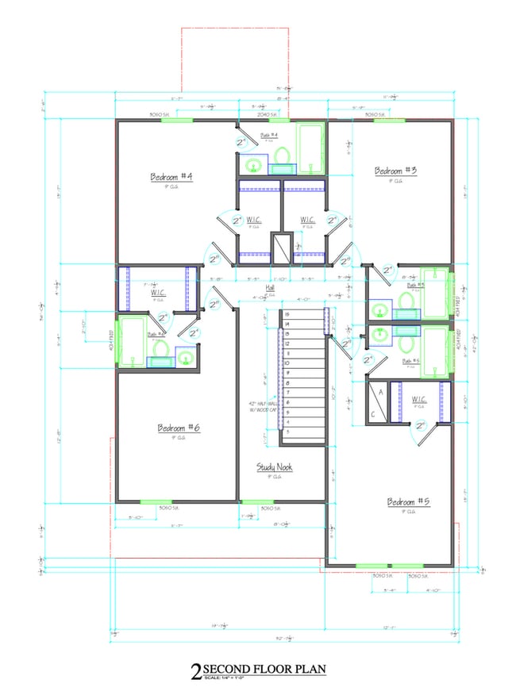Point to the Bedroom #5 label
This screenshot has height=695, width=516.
[x=408, y=501]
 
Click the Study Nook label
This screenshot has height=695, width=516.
[x=274, y=467]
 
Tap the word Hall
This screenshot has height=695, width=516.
[x=270, y=287]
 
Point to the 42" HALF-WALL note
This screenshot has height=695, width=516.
[x=261, y=407]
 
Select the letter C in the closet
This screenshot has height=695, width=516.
[x=373, y=414]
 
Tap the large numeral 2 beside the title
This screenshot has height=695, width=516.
[x=195, y=674]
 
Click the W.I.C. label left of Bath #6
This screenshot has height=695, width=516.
[x=157, y=293]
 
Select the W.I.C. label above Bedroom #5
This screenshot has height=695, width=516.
[x=420, y=398]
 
